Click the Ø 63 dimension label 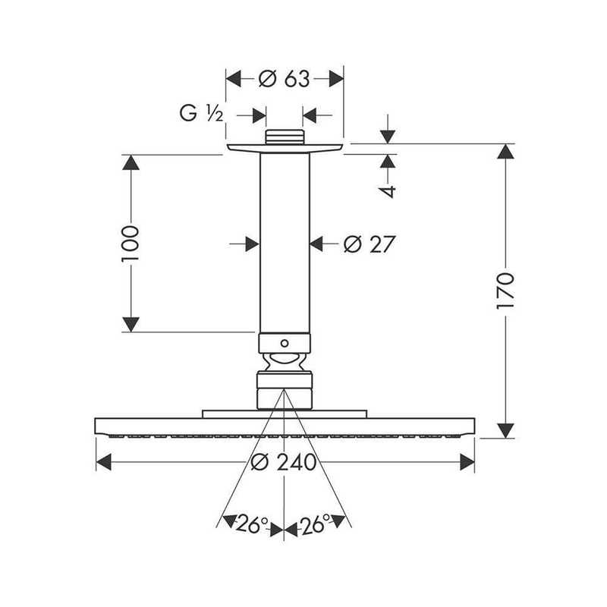(284, 79)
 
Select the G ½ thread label (201, 113)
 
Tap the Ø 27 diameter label (370, 244)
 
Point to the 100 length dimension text (130, 244)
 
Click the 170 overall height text (505, 291)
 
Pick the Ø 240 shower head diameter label (284, 462)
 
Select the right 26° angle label (314, 524)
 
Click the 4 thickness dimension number (388, 191)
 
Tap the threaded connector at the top (284, 137)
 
